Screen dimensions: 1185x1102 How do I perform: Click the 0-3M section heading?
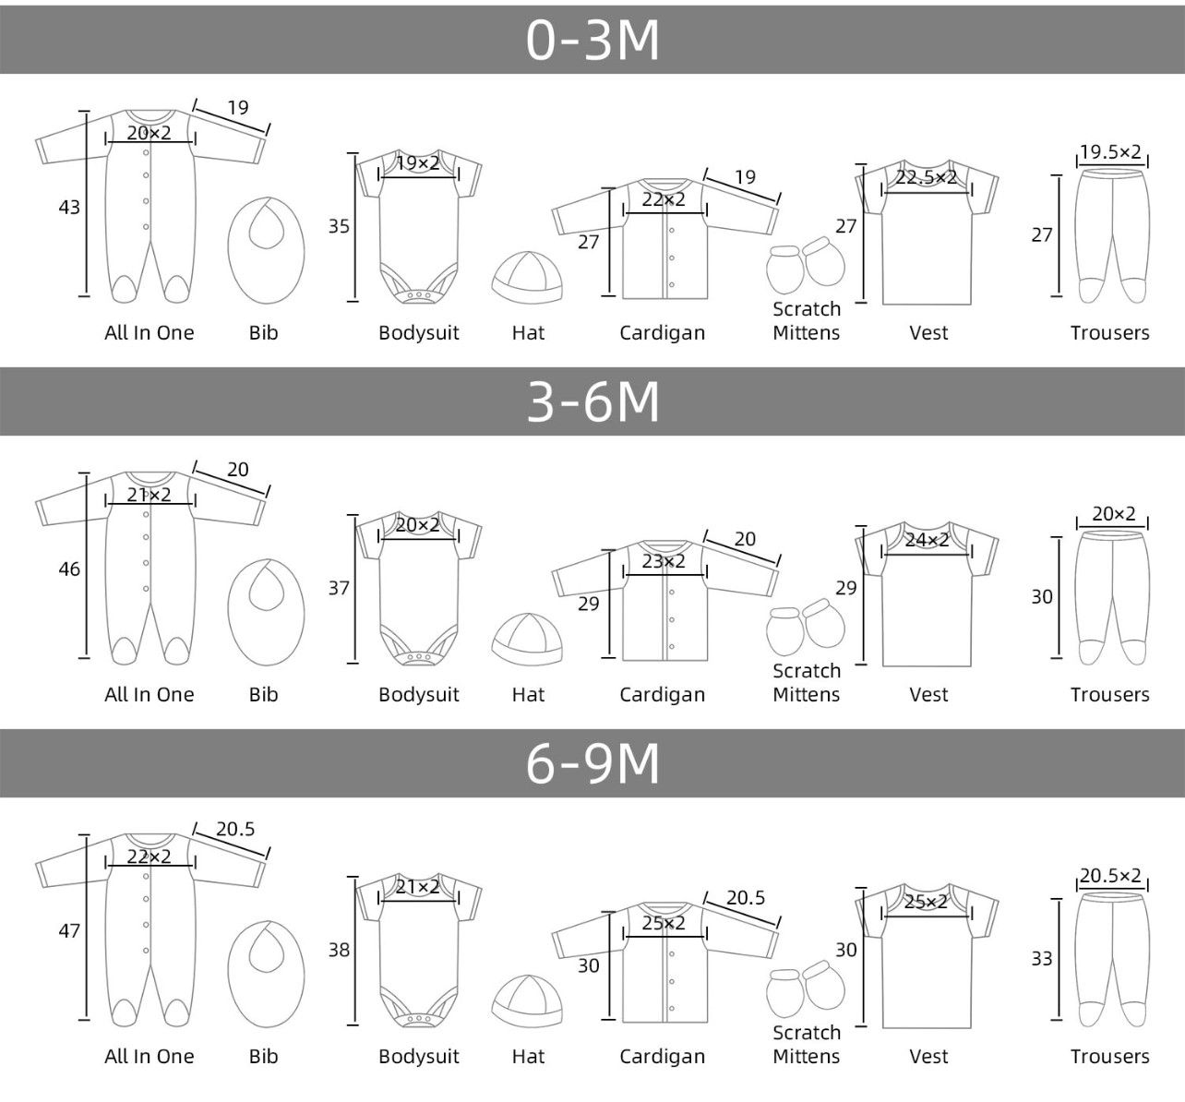pyautogui.click(x=592, y=41)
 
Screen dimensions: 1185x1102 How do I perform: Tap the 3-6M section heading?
pyautogui.click(x=592, y=401)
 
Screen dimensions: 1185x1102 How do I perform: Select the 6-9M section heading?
pyautogui.click(x=592, y=763)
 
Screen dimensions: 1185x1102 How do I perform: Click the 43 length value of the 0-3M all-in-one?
pyautogui.click(x=69, y=207)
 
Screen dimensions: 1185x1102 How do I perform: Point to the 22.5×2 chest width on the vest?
pyautogui.click(x=926, y=177)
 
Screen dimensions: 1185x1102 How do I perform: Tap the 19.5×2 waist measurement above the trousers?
pyautogui.click(x=1110, y=151)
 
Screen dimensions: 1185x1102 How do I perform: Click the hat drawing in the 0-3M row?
pyautogui.click(x=528, y=277)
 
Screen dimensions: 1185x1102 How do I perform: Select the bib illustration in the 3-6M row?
pyautogui.click(x=266, y=613)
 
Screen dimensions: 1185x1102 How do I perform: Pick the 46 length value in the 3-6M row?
pyautogui.click(x=69, y=569)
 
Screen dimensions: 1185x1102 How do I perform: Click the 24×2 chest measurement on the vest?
pyautogui.click(x=927, y=540)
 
